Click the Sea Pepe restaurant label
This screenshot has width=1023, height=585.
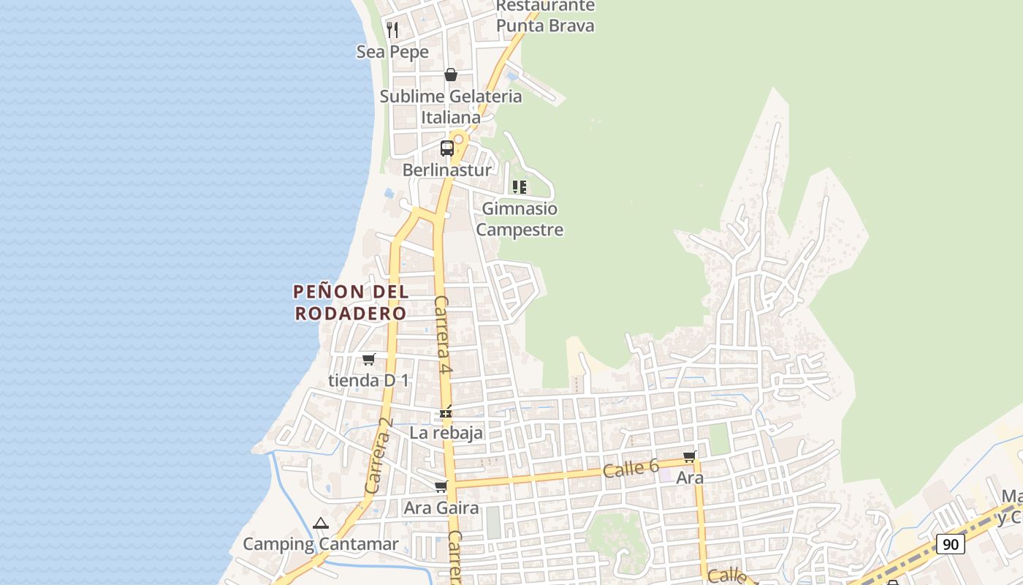[x=392, y=52]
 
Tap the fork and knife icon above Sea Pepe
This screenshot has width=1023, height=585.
[x=393, y=29]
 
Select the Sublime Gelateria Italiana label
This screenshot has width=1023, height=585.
[x=451, y=107]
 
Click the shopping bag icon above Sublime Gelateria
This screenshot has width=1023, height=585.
[x=451, y=75]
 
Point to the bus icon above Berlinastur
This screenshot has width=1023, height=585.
[x=447, y=148]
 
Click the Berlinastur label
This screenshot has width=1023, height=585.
[x=447, y=170]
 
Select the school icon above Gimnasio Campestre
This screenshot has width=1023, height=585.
[x=520, y=187]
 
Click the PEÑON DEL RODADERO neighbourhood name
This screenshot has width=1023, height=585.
[x=350, y=302]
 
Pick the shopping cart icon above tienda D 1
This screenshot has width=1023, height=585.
[x=369, y=359]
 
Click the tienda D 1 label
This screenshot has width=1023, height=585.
[x=369, y=380]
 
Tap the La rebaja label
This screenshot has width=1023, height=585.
[x=446, y=432]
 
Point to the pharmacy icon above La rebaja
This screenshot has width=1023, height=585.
[x=446, y=413]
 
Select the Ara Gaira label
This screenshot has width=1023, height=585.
[x=441, y=507]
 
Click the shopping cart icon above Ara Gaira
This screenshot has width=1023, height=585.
[x=441, y=486]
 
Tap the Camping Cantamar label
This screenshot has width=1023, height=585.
[x=321, y=544]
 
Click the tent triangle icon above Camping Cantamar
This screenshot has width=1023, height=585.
[x=320, y=524]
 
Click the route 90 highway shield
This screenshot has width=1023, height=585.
[x=950, y=544]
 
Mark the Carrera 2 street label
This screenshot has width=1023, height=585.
[x=379, y=456]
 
